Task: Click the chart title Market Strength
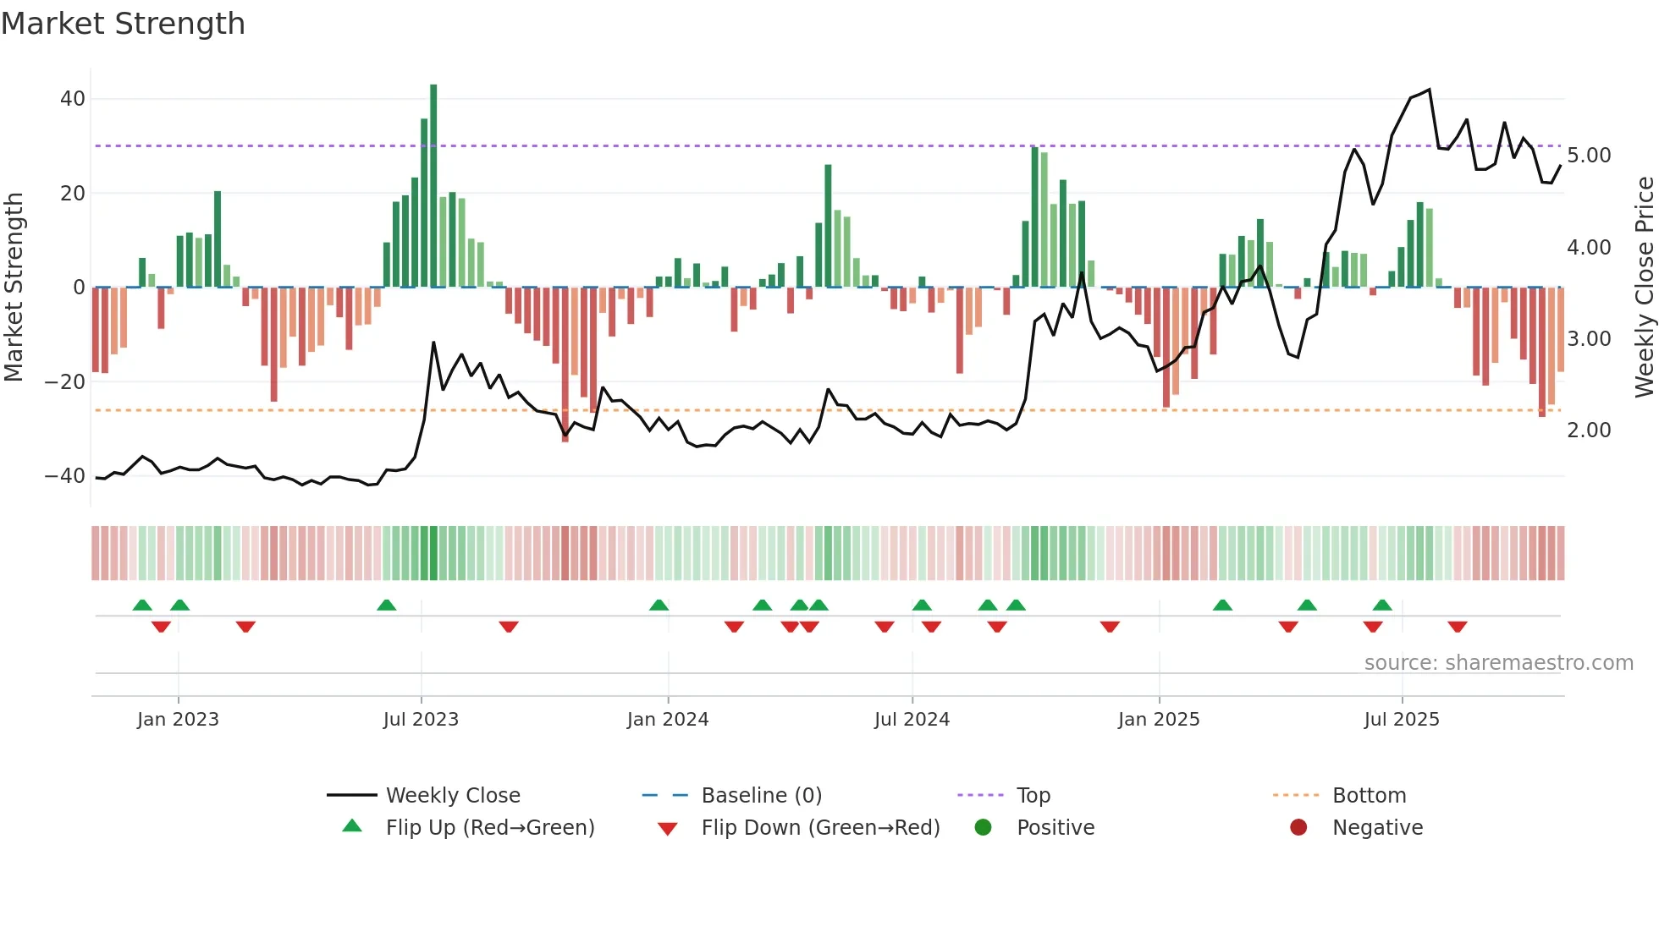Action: [x=123, y=24]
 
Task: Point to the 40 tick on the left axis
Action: [x=73, y=99]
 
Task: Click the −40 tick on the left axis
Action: [x=66, y=476]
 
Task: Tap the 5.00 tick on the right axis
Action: [x=1589, y=156]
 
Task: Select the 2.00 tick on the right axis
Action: [x=1589, y=430]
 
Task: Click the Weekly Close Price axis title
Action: [x=1644, y=288]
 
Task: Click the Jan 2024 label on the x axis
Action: [x=668, y=720]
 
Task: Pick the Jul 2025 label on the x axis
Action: [x=1402, y=720]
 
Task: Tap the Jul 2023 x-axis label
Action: [x=421, y=720]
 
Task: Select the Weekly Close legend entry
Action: [x=453, y=796]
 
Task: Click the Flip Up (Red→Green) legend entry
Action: [x=490, y=828]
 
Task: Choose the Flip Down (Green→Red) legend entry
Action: [x=820, y=828]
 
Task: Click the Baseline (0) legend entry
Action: [x=761, y=796]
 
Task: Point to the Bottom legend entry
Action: [x=1369, y=796]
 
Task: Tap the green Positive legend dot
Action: [x=983, y=827]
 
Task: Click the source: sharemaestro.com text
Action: [x=1498, y=663]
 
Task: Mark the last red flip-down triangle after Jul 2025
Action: [x=1458, y=627]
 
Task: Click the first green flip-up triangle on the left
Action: [x=142, y=605]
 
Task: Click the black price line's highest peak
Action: [x=1430, y=90]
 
